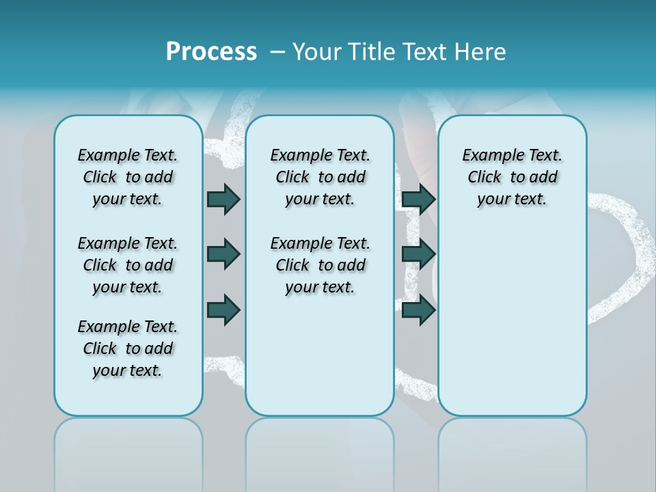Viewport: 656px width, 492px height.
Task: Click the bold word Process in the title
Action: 211,52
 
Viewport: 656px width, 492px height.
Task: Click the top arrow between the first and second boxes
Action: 223,199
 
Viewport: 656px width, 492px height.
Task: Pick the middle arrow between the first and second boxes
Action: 223,254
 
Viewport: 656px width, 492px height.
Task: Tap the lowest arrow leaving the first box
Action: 223,310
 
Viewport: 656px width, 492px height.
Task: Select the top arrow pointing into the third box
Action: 418,199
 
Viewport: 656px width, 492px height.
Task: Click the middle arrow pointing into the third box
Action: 418,254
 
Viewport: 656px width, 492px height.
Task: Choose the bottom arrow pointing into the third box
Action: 418,310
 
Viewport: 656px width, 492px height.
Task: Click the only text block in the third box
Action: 512,177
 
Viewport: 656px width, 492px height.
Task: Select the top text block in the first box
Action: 128,177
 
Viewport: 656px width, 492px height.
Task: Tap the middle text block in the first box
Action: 128,265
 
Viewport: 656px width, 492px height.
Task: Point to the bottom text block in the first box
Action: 128,348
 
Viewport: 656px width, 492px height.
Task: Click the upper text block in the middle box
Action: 320,177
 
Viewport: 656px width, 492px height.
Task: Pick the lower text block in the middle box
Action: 320,265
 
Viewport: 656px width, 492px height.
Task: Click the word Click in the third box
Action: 484,178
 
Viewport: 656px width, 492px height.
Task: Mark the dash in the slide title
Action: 277,53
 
